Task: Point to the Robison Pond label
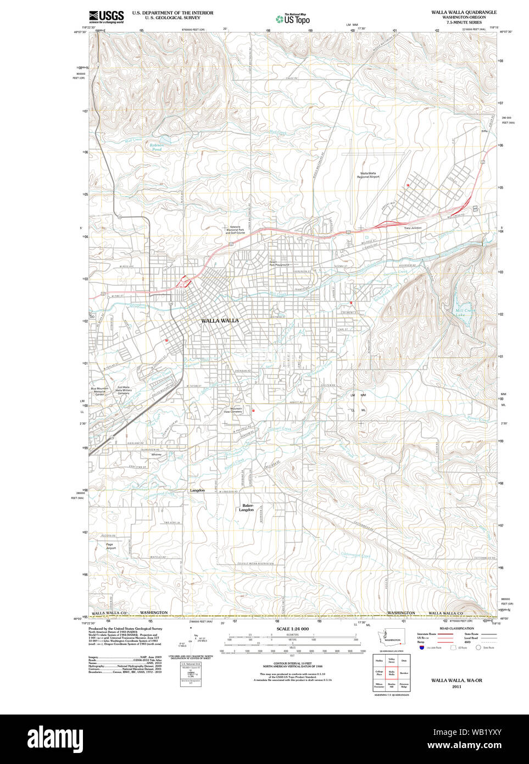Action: pos(157,147)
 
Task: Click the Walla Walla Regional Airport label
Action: pos(368,175)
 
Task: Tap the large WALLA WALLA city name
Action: pos(220,320)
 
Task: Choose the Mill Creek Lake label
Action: pos(463,313)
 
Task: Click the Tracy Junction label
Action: pos(412,228)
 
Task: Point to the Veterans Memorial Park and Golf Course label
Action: pos(235,230)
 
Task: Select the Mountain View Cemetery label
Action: pos(236,411)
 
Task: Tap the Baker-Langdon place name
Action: pos(247,507)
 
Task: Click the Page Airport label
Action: pos(110,546)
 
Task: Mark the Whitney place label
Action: pos(157,455)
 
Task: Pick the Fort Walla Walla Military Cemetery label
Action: pos(124,390)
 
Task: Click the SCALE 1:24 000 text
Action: pos(292,629)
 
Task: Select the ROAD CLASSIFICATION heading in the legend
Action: pos(456,628)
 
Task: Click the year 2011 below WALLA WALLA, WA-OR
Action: pos(456,687)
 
